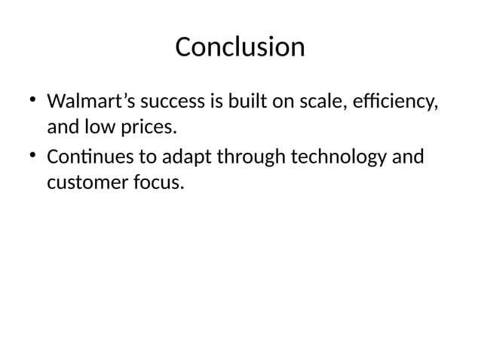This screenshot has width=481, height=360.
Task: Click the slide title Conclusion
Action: click(x=240, y=47)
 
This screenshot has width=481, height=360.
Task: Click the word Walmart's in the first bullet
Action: click(x=87, y=101)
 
